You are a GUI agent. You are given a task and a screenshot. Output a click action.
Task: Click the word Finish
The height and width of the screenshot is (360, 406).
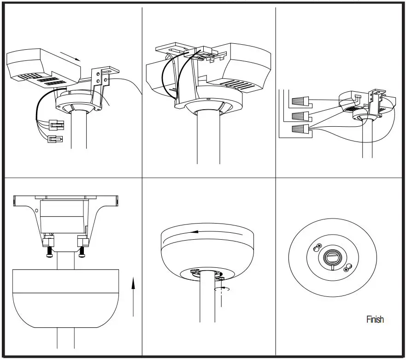[x=375, y=319]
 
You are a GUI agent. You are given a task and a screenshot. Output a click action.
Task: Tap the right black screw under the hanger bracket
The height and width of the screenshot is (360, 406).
[x=82, y=251]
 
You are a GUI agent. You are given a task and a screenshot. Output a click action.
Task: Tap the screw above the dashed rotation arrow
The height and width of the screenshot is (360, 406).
[x=222, y=278]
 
